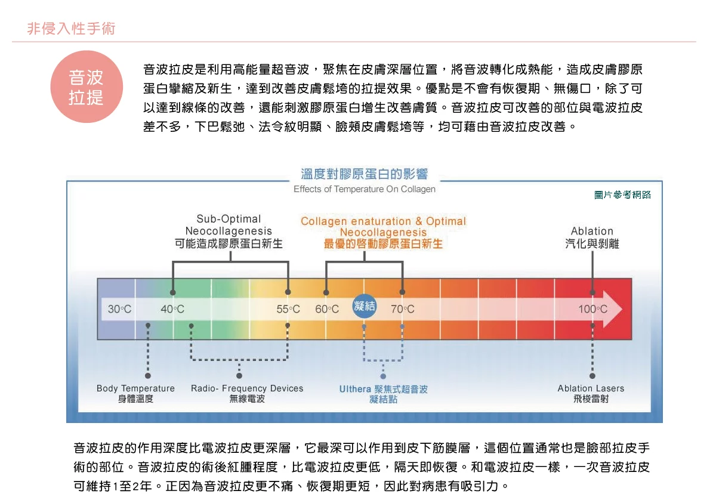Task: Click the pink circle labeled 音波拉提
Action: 87,87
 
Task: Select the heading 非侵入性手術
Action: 71,28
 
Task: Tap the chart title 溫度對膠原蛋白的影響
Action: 364,174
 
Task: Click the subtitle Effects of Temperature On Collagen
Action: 364,189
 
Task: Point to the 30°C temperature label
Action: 119,309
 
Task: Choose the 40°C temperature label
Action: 172,309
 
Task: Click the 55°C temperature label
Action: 288,309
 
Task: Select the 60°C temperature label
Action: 327,309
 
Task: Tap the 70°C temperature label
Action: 403,309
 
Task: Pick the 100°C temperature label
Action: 592,309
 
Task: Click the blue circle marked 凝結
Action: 364,307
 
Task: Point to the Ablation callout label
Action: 592,237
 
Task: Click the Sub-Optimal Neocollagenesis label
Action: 229,231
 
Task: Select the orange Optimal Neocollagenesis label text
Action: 383,232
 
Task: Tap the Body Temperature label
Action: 135,393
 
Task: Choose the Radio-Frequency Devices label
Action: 247,393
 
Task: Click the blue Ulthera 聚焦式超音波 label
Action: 383,394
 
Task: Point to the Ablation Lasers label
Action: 591,393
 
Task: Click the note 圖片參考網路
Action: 623,195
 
